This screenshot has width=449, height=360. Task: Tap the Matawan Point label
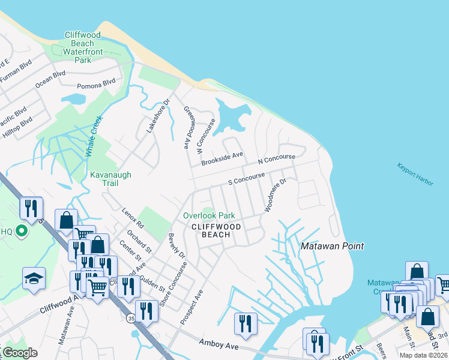click(332, 247)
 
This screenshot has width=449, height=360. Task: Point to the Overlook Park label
click(209, 215)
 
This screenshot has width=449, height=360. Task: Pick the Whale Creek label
click(94, 137)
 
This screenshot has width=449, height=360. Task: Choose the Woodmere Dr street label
click(277, 195)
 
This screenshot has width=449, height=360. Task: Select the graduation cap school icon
click(34, 278)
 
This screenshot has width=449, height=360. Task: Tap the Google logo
click(20, 353)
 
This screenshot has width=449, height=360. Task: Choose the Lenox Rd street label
click(133, 218)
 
